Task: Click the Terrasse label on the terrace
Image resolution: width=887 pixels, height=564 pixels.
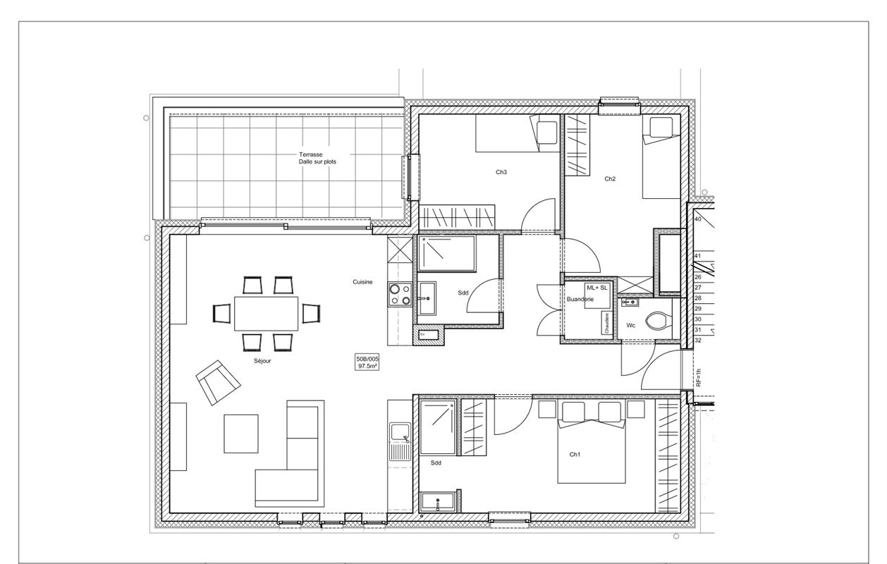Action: (x=310, y=154)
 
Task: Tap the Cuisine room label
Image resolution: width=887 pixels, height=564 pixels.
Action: (x=363, y=282)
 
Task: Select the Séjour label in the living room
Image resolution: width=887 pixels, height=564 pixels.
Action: (x=263, y=360)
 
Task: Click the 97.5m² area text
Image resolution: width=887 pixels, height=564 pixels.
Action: (x=367, y=367)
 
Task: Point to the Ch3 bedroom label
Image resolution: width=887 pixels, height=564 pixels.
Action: (x=501, y=172)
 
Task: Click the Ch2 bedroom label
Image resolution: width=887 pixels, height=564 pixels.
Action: (x=610, y=179)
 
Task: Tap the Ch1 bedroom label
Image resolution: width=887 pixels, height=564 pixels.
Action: (x=575, y=455)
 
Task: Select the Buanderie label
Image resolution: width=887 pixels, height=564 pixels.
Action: (x=580, y=300)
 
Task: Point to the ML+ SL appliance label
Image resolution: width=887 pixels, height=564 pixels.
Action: (x=597, y=288)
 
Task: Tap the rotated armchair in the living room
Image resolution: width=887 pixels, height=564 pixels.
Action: (x=218, y=382)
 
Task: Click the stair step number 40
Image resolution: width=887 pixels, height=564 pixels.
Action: (x=697, y=219)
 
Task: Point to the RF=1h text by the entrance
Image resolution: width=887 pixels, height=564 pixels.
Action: (x=699, y=378)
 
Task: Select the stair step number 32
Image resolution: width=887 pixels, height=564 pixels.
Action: (x=697, y=340)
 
